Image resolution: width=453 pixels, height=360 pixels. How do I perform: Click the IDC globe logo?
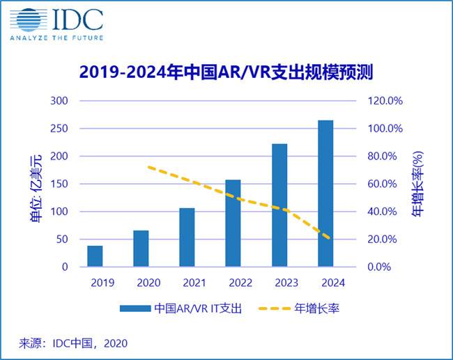click(x=26, y=19)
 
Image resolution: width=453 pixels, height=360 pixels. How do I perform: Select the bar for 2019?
click(x=95, y=256)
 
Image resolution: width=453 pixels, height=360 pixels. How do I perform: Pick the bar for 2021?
click(x=187, y=237)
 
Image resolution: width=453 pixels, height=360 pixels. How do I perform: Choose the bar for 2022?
click(x=233, y=223)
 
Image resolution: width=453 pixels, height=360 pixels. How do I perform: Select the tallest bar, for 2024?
click(x=325, y=193)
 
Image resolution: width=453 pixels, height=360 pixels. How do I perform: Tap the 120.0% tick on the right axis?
click(x=385, y=101)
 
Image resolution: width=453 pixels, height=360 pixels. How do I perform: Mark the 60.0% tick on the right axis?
click(x=385, y=184)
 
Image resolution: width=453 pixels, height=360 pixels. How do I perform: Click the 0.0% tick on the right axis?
click(x=385, y=267)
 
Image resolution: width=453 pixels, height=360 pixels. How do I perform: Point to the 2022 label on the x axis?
click(x=233, y=283)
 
